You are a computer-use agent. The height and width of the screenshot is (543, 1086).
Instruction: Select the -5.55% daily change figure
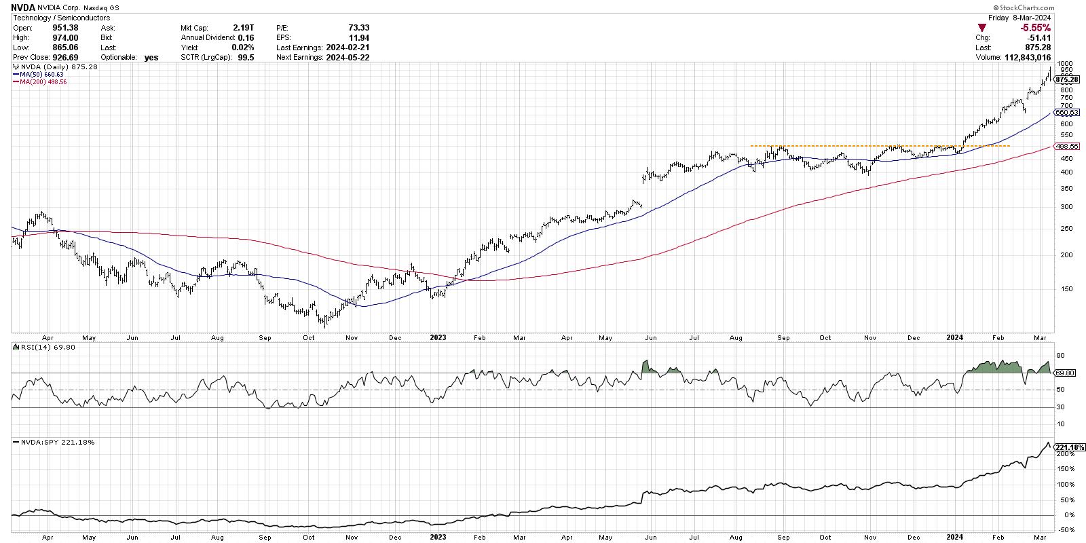coord(1036,28)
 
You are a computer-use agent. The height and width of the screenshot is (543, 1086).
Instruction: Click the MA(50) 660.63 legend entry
coord(40,75)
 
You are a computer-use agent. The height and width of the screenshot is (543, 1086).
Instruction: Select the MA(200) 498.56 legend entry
coord(42,82)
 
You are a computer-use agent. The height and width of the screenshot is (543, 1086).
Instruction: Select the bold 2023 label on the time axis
coord(438,337)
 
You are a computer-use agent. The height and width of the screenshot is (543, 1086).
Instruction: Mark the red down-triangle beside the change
coord(981,28)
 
